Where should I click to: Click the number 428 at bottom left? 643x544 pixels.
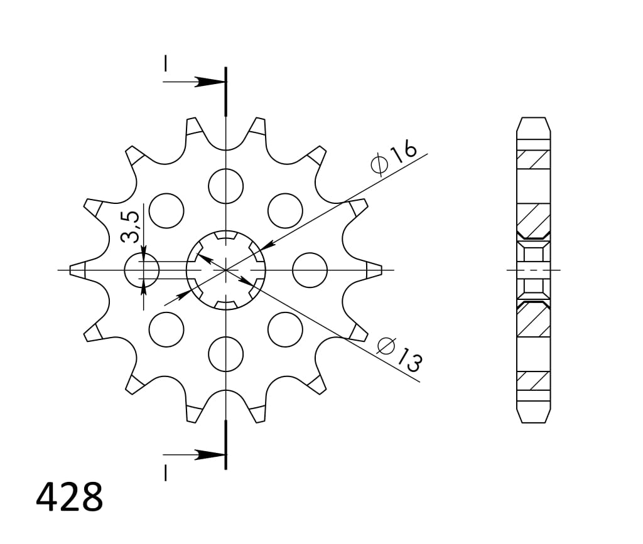click(69, 498)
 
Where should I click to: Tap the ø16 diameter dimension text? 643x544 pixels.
click(394, 158)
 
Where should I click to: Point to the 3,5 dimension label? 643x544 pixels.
click(130, 227)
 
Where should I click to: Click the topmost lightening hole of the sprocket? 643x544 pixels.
click(225, 186)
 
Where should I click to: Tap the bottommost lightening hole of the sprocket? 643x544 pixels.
click(225, 354)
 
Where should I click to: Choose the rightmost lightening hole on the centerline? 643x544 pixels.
click(310, 270)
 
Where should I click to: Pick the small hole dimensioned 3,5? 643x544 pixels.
click(142, 270)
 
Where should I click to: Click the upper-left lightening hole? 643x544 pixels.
click(166, 210)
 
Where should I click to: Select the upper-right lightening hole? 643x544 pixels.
click(285, 210)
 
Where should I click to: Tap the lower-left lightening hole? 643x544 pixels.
click(166, 329)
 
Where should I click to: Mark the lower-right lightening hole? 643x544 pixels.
click(285, 329)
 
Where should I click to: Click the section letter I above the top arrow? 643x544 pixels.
click(165, 64)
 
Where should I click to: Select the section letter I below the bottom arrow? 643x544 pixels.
click(165, 472)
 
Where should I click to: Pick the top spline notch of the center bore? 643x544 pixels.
click(225, 237)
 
